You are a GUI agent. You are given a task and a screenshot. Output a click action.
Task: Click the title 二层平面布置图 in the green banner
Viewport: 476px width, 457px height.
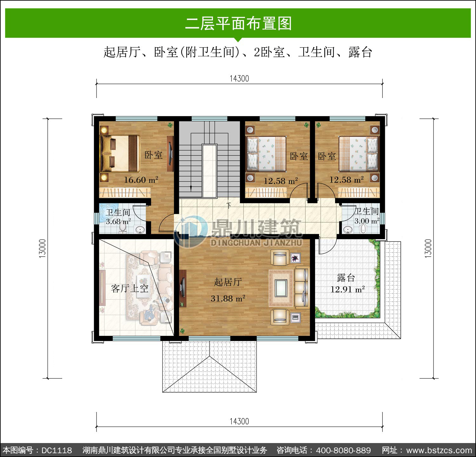(x=238, y=23)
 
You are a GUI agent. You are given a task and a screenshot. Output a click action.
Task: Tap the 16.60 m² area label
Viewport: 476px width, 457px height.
(x=141, y=180)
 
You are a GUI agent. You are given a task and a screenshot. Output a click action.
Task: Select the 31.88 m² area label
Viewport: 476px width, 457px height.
(x=228, y=298)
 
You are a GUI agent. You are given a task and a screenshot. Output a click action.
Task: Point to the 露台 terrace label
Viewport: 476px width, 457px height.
(x=346, y=278)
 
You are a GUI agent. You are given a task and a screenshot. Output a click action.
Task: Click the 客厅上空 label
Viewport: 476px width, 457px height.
(x=130, y=288)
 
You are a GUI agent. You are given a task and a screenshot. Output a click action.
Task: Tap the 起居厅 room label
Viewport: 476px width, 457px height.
(x=228, y=282)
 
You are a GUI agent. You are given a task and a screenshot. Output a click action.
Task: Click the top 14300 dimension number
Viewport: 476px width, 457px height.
(x=239, y=79)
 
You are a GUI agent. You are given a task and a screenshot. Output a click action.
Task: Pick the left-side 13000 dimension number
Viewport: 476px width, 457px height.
(x=43, y=248)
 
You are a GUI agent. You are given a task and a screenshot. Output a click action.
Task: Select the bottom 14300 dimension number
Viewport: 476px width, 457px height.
(x=239, y=421)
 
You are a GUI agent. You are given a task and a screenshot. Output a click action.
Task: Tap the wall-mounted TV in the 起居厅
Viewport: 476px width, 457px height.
(x=183, y=288)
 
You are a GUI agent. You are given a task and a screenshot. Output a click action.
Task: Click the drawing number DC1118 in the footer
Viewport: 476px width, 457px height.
(x=57, y=450)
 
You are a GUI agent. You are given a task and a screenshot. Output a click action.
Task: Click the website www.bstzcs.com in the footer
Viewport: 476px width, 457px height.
(x=439, y=450)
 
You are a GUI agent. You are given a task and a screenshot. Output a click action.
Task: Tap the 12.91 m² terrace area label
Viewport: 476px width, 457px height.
(x=347, y=289)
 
